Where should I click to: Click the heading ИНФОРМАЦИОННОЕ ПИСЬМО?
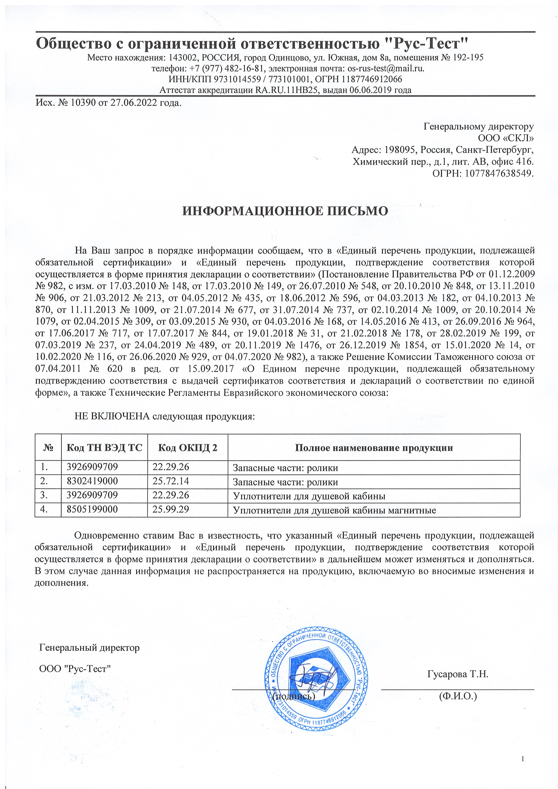[x=285, y=211]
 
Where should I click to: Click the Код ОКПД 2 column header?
[x=187, y=448]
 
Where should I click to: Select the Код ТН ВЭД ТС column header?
[x=104, y=448]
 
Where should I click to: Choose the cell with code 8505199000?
[x=92, y=509]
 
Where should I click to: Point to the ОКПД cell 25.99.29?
[x=171, y=509]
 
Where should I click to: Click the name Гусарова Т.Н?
[x=458, y=674]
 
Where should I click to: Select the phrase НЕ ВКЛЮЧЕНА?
[x=112, y=417]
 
